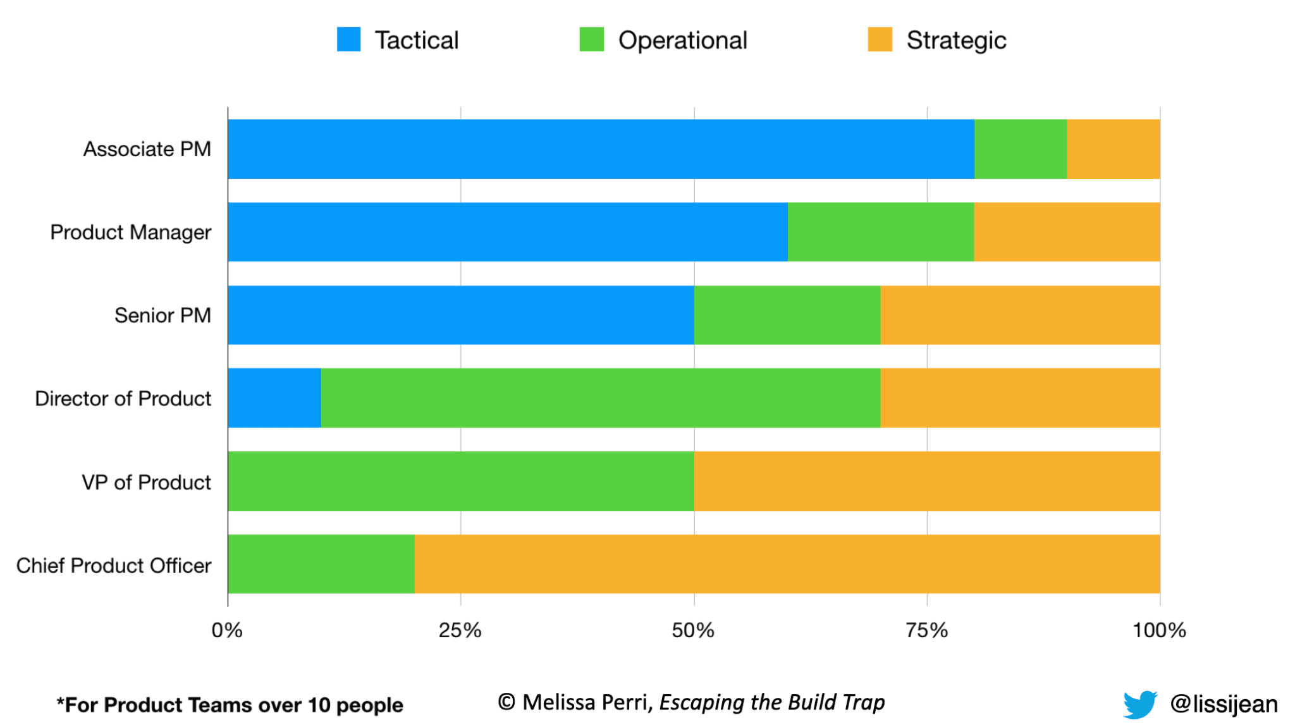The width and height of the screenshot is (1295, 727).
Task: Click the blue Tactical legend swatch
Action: click(x=348, y=39)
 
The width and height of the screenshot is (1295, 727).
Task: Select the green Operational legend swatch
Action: click(x=591, y=39)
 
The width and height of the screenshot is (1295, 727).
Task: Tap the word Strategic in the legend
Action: click(x=955, y=40)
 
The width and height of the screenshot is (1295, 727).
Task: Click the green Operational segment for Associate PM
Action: click(x=1020, y=149)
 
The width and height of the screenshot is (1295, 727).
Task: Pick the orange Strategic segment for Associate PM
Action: click(x=1113, y=149)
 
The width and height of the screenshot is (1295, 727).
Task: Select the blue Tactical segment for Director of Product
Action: click(x=274, y=398)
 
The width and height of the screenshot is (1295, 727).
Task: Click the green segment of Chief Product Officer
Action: click(x=321, y=564)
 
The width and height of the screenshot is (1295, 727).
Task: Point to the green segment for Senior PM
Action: click(x=787, y=315)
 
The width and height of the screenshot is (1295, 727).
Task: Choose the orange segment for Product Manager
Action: click(x=1066, y=232)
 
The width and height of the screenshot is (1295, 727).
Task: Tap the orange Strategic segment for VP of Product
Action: click(x=926, y=481)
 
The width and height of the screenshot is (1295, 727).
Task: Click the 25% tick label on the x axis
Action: click(x=460, y=630)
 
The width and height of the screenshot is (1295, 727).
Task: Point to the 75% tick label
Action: click(x=926, y=630)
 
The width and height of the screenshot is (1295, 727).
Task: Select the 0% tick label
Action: click(x=227, y=630)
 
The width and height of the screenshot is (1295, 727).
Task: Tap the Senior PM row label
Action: click(x=163, y=315)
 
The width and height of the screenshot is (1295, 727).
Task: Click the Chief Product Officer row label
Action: click(x=114, y=565)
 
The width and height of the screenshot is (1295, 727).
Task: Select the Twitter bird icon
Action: click(x=1139, y=704)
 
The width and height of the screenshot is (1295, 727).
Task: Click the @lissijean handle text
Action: click(x=1224, y=704)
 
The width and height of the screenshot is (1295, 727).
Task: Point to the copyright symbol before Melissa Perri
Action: click(x=506, y=702)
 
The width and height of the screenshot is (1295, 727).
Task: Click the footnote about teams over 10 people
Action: click(x=230, y=705)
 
